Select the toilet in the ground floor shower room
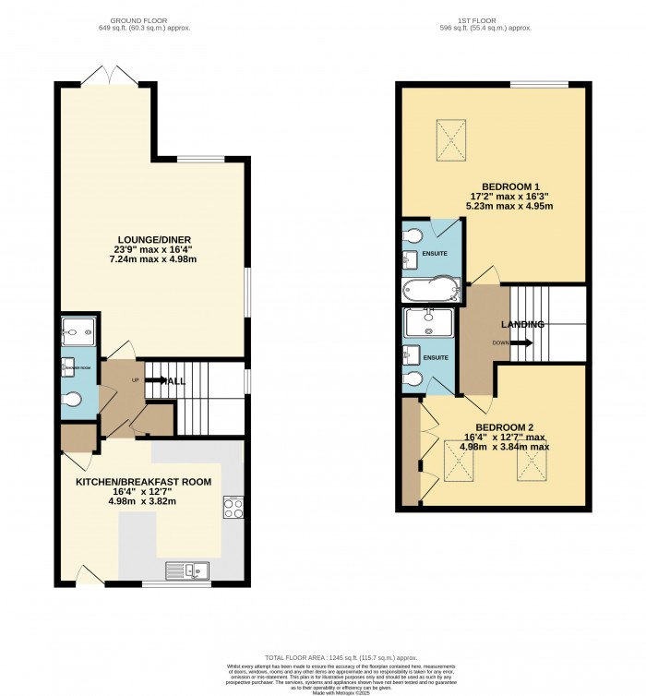point(75,400)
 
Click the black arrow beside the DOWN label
point(521,342)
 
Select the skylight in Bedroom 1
point(452,141)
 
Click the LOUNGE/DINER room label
point(154,240)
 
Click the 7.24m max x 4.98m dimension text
point(154,259)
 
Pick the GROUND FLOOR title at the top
point(137,19)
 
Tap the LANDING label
point(522,324)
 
